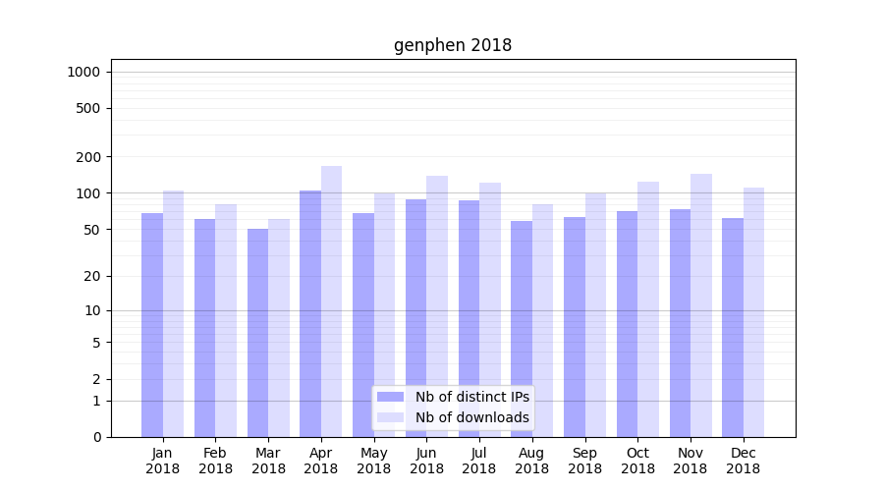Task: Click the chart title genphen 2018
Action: (453, 45)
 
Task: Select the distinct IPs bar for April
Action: (310, 314)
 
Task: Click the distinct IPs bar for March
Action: (257, 333)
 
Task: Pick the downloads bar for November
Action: (701, 305)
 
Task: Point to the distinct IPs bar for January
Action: (152, 325)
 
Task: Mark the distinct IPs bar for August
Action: (522, 329)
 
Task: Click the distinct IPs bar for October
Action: (627, 324)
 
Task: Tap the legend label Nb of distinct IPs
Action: (471, 397)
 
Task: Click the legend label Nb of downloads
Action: (471, 417)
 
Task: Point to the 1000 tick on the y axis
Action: (83, 72)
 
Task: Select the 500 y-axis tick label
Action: (89, 108)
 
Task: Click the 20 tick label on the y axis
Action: (92, 276)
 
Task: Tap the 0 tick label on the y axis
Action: (96, 437)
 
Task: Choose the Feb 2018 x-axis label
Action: (215, 461)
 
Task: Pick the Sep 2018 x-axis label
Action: (584, 461)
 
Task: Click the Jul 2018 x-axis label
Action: (479, 461)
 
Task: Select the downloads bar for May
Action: (384, 315)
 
